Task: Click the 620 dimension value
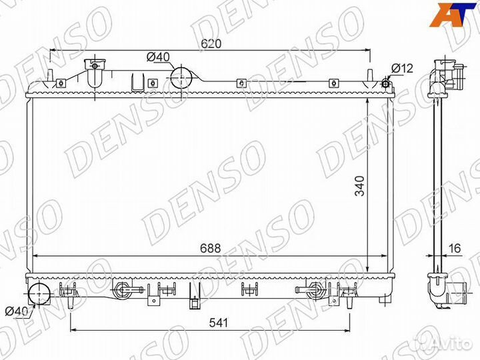pyautogui.click(x=211, y=43)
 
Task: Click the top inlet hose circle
pyautogui.click(x=182, y=77)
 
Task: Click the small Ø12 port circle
pyautogui.click(x=385, y=83)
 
